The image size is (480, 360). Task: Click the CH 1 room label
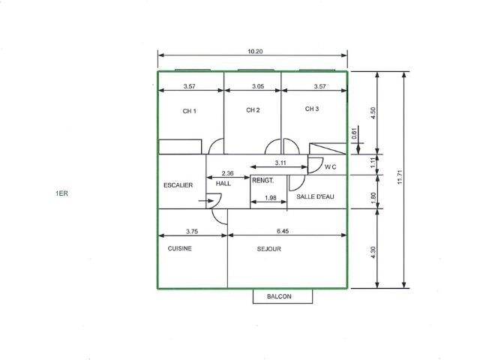coord(189,111)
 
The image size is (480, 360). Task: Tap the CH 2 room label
coord(253,110)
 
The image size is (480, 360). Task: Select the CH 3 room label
coord(312,109)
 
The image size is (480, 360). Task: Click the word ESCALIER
coord(178,185)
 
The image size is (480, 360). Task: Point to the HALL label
coord(223,184)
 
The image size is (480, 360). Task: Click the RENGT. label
coord(263,181)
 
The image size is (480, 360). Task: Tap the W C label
coord(330,167)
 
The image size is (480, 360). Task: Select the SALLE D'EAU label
coord(315,196)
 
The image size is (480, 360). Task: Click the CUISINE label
coord(180,248)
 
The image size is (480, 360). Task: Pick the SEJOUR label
coord(268,249)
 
